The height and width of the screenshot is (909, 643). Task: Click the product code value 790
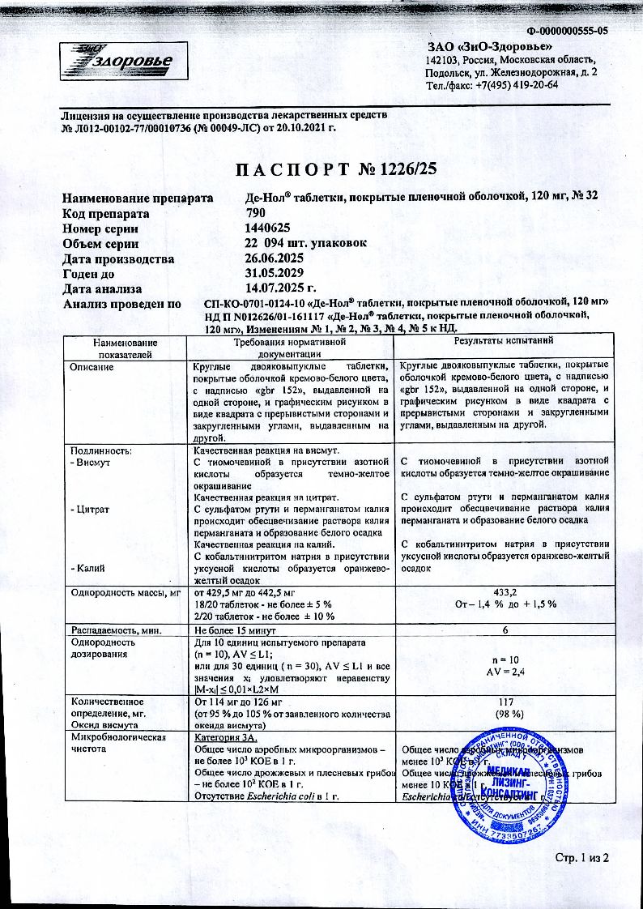click(x=256, y=214)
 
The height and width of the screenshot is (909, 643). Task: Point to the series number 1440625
click(x=267, y=228)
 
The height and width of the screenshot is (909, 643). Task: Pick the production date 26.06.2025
click(x=280, y=259)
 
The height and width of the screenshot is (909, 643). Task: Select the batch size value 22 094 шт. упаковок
click(x=306, y=244)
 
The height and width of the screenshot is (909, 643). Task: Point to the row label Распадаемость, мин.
click(x=117, y=629)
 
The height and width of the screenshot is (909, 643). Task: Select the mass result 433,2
click(x=503, y=593)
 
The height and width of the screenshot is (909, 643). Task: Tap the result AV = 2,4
click(x=503, y=672)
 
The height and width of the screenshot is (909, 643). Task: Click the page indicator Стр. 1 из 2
click(x=581, y=858)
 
